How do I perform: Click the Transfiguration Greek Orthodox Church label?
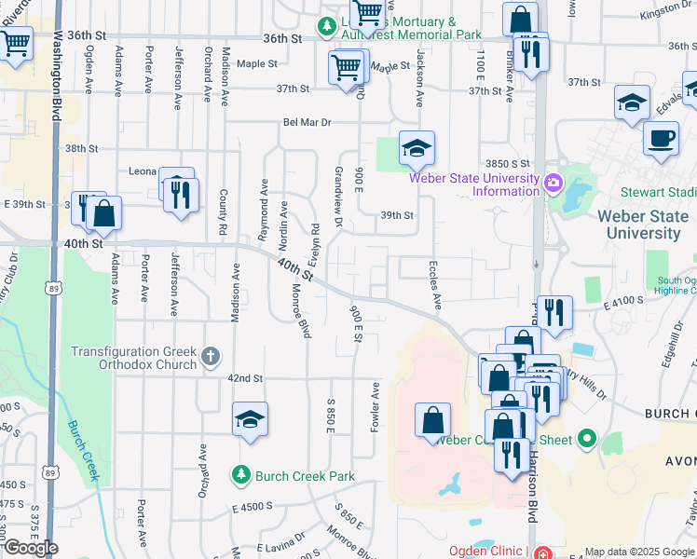tap(135, 358)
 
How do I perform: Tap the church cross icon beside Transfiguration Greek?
tap(212, 354)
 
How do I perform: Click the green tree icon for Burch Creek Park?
tap(241, 475)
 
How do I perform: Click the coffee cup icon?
tap(661, 139)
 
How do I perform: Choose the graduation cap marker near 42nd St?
tap(250, 420)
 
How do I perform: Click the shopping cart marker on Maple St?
tap(346, 66)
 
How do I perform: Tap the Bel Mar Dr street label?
tap(308, 122)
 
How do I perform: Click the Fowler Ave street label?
tap(376, 406)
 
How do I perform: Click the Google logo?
tap(31, 548)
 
